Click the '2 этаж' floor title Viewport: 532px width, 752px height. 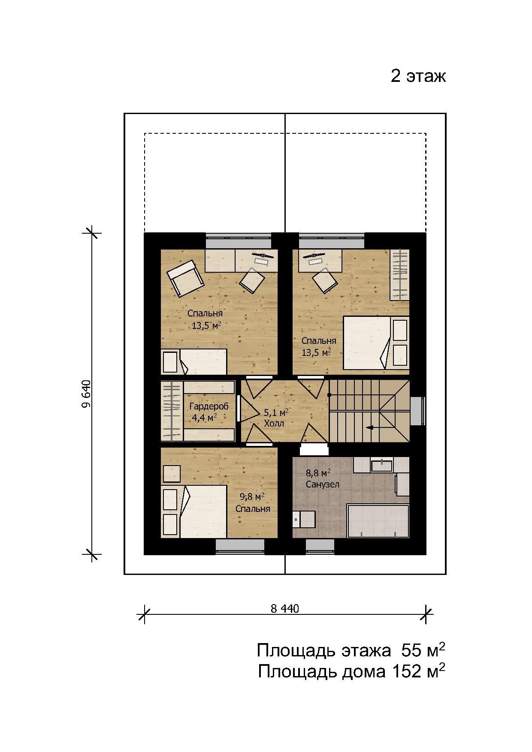[x=418, y=76]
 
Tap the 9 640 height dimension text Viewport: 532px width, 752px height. [x=86, y=394]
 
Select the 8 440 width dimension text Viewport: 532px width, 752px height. [x=285, y=608]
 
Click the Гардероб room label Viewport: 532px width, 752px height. [x=209, y=406]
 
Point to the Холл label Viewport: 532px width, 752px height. [x=274, y=424]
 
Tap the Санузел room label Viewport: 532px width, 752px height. [x=323, y=484]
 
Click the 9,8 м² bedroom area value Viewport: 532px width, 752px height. [x=252, y=497]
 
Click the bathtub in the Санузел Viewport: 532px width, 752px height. [x=378, y=521]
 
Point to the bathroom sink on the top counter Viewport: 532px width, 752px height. [x=381, y=465]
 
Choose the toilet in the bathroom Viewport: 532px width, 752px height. [x=304, y=519]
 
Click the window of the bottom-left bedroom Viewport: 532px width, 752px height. [x=240, y=546]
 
